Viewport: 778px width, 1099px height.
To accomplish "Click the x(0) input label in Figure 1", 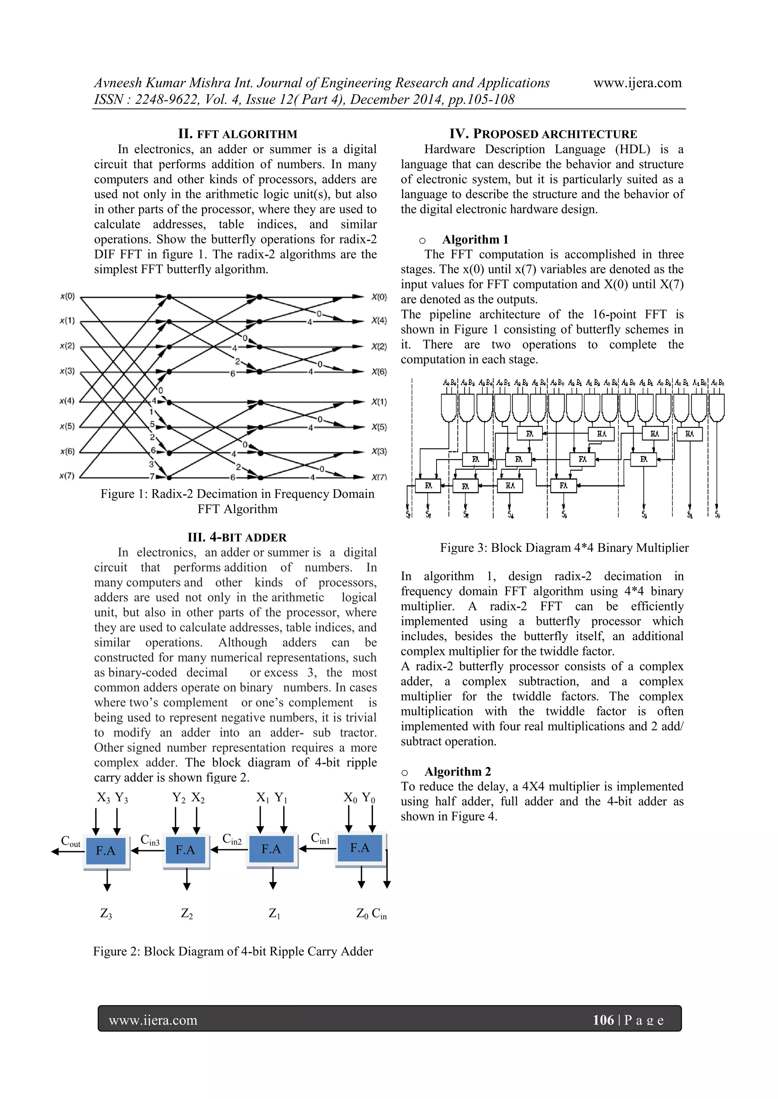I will (68, 296).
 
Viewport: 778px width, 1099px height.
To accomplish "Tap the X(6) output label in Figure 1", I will (379, 372).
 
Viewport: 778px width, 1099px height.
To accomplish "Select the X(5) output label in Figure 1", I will (379, 427).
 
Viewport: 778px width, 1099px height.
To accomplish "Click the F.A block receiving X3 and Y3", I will (106, 850).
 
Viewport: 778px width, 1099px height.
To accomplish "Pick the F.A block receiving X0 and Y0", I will (360, 848).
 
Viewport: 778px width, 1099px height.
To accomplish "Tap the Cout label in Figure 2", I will (70, 841).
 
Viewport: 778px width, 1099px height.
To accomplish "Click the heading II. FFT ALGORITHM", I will (237, 134).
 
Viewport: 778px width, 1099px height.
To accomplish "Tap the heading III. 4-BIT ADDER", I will (237, 537).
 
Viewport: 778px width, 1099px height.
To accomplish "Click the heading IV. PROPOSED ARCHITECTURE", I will (543, 134).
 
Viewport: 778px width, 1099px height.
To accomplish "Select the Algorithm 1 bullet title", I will (475, 239).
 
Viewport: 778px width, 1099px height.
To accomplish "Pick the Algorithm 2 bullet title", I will (457, 772).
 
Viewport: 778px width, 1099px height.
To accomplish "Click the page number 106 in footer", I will (603, 1020).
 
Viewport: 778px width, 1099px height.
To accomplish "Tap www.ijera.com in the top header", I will (637, 83).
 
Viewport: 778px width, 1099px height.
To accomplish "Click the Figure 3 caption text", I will (564, 548).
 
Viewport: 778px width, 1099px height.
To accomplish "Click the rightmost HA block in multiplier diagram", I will (689, 434).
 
